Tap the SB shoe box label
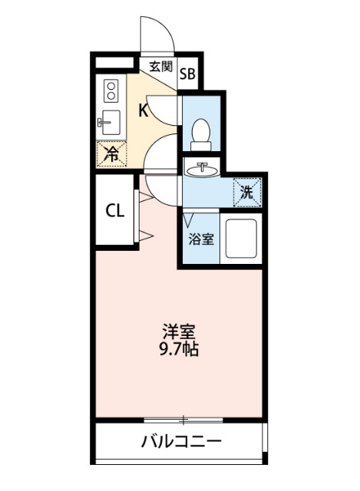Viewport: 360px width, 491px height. click(188, 74)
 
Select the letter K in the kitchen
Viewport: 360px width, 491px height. click(143, 110)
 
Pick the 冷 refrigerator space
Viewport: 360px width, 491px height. click(112, 153)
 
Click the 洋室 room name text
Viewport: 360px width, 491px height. click(179, 333)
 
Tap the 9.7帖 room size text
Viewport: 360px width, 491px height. click(180, 350)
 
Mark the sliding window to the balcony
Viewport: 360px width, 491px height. click(183, 420)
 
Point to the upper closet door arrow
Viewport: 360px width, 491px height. click(143, 197)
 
